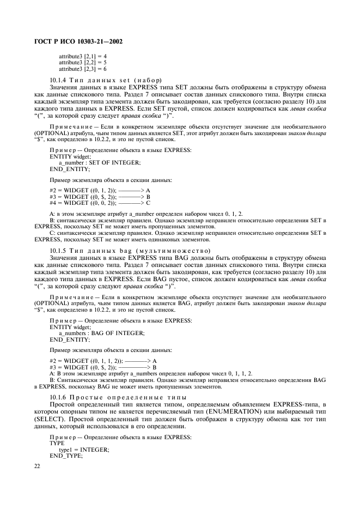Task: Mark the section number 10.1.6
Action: (59, 397)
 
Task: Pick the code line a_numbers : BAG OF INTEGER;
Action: (101, 332)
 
